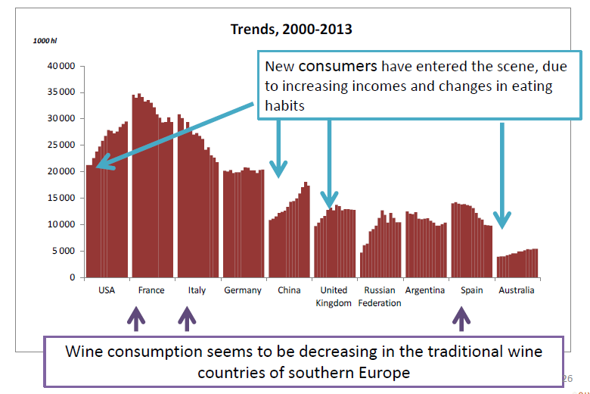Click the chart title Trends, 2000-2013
click(x=291, y=30)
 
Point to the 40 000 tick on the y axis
click(x=61, y=66)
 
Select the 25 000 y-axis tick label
click(x=61, y=145)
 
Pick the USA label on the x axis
click(x=107, y=290)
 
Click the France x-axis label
click(x=151, y=290)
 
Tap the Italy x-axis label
click(x=196, y=290)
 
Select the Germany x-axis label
click(x=243, y=290)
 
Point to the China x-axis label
click(x=289, y=290)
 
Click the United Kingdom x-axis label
click(x=334, y=296)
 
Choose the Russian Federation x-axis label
click(x=380, y=296)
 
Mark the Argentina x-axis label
click(x=424, y=290)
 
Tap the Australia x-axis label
click(x=517, y=290)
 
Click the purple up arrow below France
click(x=135, y=318)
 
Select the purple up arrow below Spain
click(x=459, y=318)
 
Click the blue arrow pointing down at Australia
click(x=502, y=174)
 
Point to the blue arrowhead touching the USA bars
click(x=100, y=163)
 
